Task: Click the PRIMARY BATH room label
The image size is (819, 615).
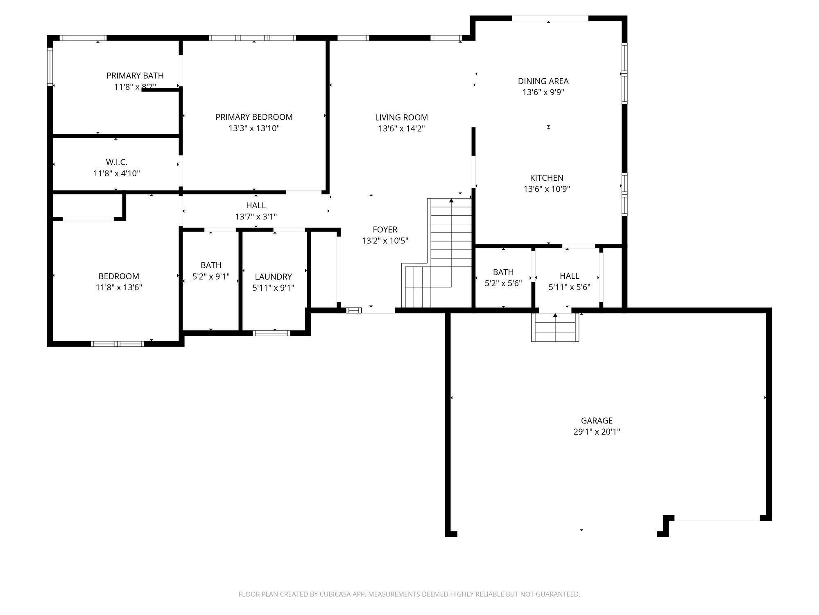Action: tap(135, 75)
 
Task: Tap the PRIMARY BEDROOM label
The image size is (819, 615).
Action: tap(254, 117)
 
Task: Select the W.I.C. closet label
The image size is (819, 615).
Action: tap(117, 162)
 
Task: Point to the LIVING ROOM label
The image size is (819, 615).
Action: tap(401, 117)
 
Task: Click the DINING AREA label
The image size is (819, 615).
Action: tap(543, 81)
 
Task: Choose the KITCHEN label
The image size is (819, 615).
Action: tap(547, 178)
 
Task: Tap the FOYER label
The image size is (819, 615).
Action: tap(385, 229)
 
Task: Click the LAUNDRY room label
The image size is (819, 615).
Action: tap(273, 277)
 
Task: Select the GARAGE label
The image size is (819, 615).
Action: tap(597, 420)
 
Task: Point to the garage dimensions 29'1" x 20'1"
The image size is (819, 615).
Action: tap(597, 431)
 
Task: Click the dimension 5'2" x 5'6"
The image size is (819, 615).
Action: tap(503, 283)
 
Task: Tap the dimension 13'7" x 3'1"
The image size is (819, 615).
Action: tap(256, 216)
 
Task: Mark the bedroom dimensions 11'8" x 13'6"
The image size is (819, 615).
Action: tap(119, 287)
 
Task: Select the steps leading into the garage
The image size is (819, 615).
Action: tap(555, 327)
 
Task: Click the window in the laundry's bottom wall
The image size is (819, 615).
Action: tap(271, 333)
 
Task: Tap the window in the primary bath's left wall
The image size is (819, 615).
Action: tap(50, 67)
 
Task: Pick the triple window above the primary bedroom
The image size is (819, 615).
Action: tap(253, 38)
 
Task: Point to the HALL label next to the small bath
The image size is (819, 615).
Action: tap(569, 276)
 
